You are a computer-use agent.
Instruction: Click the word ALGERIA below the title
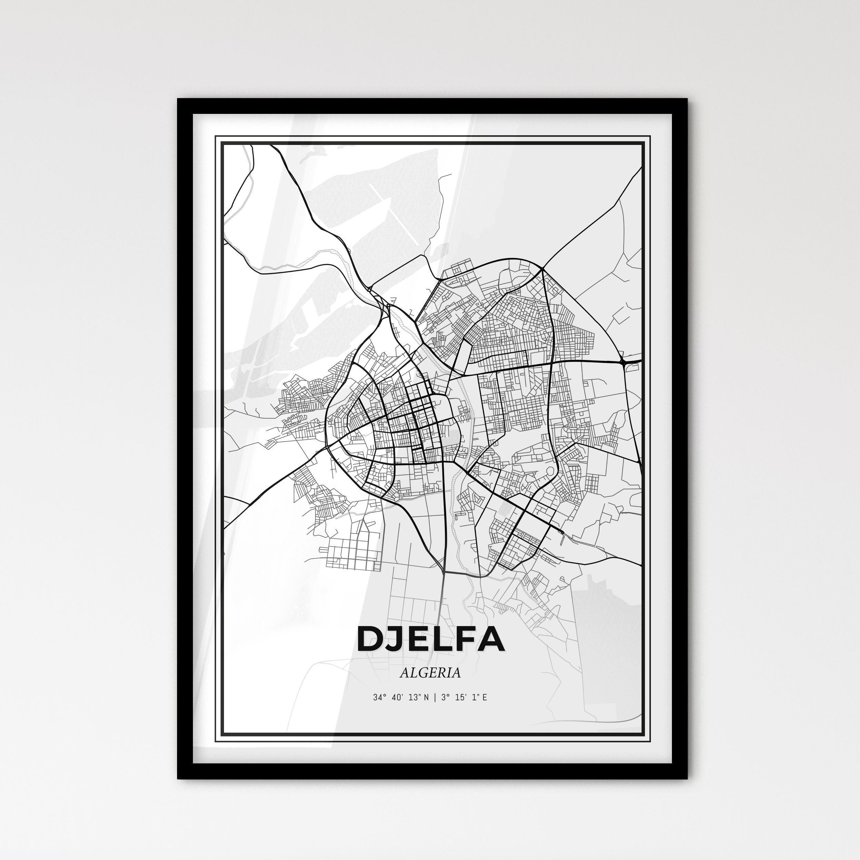coord(430,673)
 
